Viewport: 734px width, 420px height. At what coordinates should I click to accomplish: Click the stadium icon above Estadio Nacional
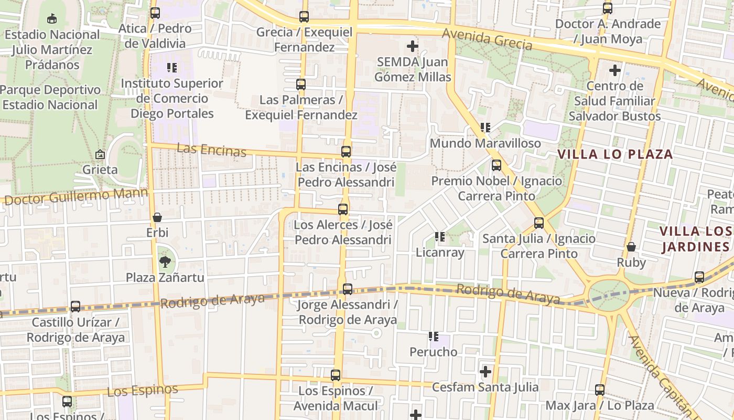pyautogui.click(x=51, y=19)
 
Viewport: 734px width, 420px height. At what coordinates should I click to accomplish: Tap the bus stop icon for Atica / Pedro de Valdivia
pyautogui.click(x=155, y=13)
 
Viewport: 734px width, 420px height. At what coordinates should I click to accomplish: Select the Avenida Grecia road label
pyautogui.click(x=487, y=39)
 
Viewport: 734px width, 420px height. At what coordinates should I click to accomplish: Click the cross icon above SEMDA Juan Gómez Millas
pyautogui.click(x=413, y=46)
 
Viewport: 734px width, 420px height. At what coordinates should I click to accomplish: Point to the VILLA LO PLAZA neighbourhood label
pyautogui.click(x=614, y=154)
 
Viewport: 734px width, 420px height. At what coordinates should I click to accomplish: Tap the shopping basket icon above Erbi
pyautogui.click(x=157, y=217)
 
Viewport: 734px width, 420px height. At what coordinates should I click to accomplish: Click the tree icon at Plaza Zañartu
pyautogui.click(x=165, y=261)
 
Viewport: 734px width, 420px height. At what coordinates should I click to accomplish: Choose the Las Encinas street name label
pyautogui.click(x=211, y=150)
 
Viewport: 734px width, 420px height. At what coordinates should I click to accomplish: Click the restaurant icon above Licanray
pyautogui.click(x=440, y=237)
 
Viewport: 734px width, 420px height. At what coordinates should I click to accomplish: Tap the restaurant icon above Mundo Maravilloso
pyautogui.click(x=485, y=128)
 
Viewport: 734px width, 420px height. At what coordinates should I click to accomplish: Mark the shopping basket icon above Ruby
pyautogui.click(x=631, y=247)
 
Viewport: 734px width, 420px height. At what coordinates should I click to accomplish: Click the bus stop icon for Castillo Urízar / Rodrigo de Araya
pyautogui.click(x=75, y=307)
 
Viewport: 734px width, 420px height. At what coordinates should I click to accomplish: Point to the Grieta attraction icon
pyautogui.click(x=100, y=154)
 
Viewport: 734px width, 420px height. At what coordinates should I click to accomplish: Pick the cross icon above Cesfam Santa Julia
pyautogui.click(x=485, y=372)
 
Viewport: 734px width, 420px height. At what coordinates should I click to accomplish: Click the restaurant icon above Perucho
pyautogui.click(x=433, y=336)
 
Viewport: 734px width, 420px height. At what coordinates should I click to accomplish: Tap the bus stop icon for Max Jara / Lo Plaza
pyautogui.click(x=600, y=390)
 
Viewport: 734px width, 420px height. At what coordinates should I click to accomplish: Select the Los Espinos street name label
pyautogui.click(x=142, y=391)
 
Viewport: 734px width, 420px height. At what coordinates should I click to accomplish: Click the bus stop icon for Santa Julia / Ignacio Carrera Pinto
pyautogui.click(x=538, y=223)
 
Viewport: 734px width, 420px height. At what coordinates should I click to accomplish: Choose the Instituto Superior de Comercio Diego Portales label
pyautogui.click(x=172, y=98)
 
